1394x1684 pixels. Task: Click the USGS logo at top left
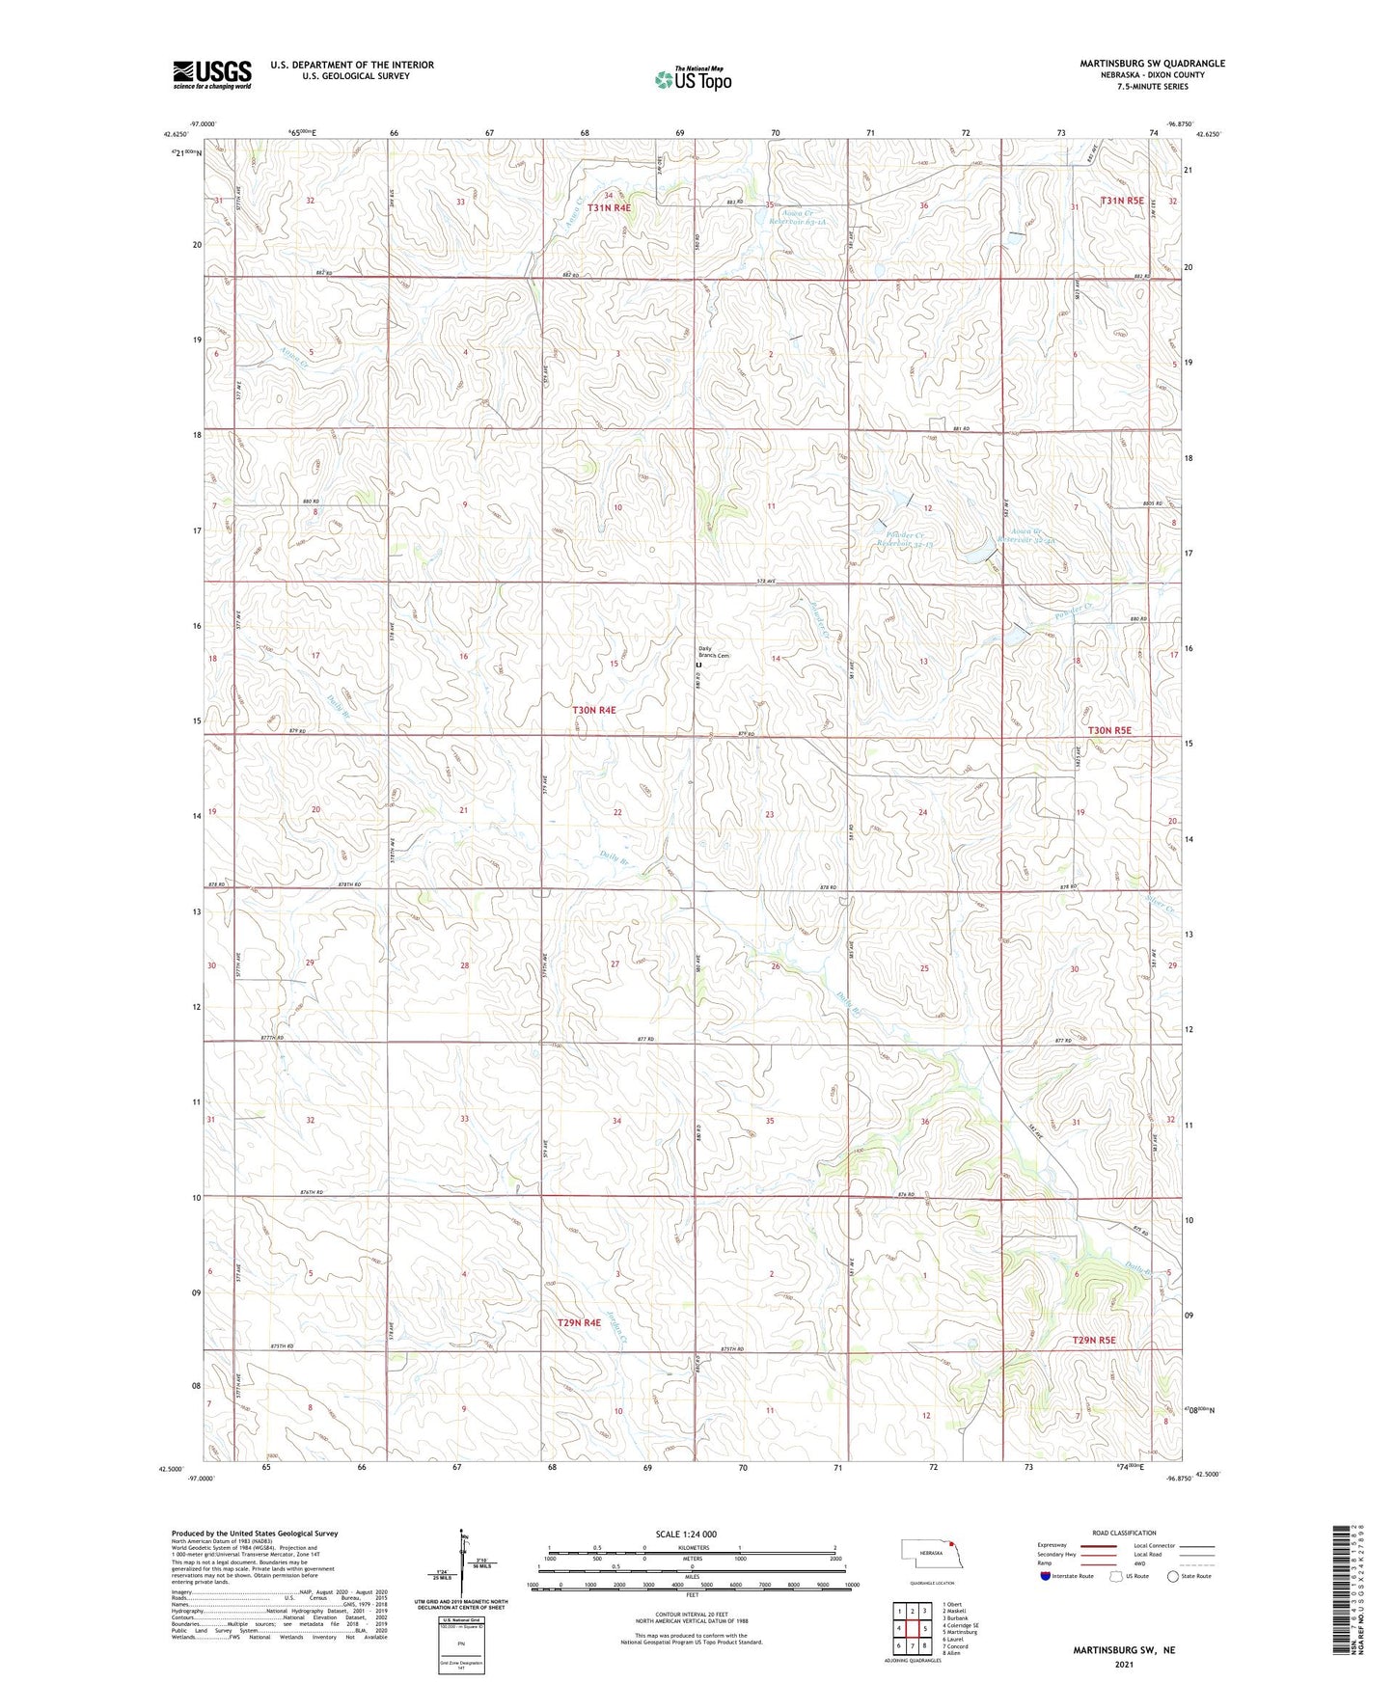tap(211, 74)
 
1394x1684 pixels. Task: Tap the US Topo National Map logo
tap(692, 79)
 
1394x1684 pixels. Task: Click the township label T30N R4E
tap(593, 710)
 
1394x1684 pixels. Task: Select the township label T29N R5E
tap(1094, 1340)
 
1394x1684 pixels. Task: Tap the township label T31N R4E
tap(609, 207)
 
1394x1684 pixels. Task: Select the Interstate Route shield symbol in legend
tap(1047, 1576)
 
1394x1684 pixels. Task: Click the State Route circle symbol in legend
tap(1172, 1576)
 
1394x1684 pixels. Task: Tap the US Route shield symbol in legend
tap(1117, 1576)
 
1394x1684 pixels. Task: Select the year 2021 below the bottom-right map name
tap(1123, 1664)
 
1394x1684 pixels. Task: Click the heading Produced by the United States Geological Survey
tap(255, 1533)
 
